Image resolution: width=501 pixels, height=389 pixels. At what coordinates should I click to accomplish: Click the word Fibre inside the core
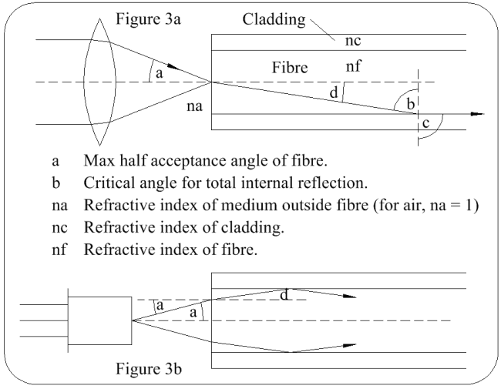[x=290, y=69]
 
